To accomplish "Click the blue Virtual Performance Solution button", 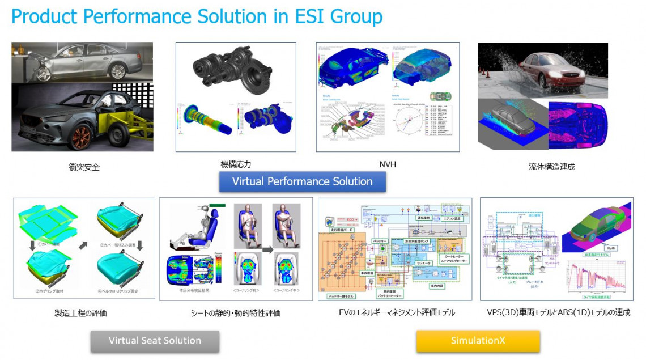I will (303, 181).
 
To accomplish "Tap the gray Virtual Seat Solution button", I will (155, 341).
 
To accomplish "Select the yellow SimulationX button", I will (478, 341).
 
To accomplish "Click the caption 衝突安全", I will (83, 167).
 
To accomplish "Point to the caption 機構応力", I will (236, 164).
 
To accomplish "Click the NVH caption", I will (388, 165).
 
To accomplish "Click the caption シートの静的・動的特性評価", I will (236, 312).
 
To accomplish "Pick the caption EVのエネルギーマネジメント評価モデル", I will (394, 312).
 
